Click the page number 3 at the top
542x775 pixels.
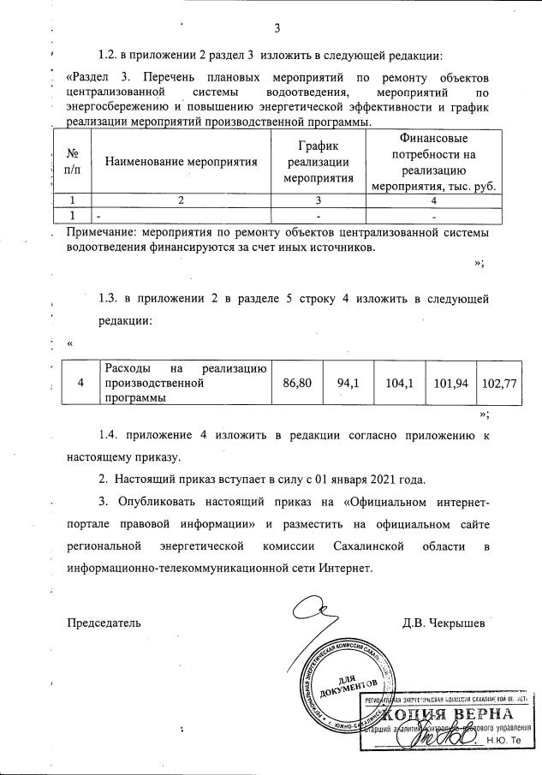pyautogui.click(x=277, y=27)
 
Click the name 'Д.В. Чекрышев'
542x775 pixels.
pyautogui.click(x=443, y=622)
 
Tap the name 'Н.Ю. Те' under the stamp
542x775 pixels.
pyautogui.click(x=503, y=739)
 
